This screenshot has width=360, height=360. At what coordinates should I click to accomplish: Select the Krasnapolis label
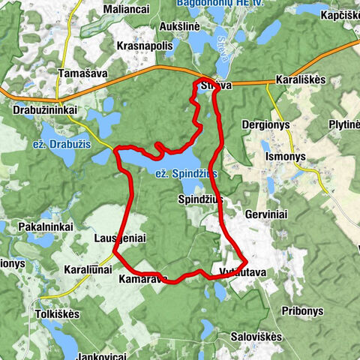pos(145,45)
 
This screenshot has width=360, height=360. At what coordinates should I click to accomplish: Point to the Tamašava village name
pos(80,73)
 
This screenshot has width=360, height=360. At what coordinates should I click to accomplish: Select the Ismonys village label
pos(287,157)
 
